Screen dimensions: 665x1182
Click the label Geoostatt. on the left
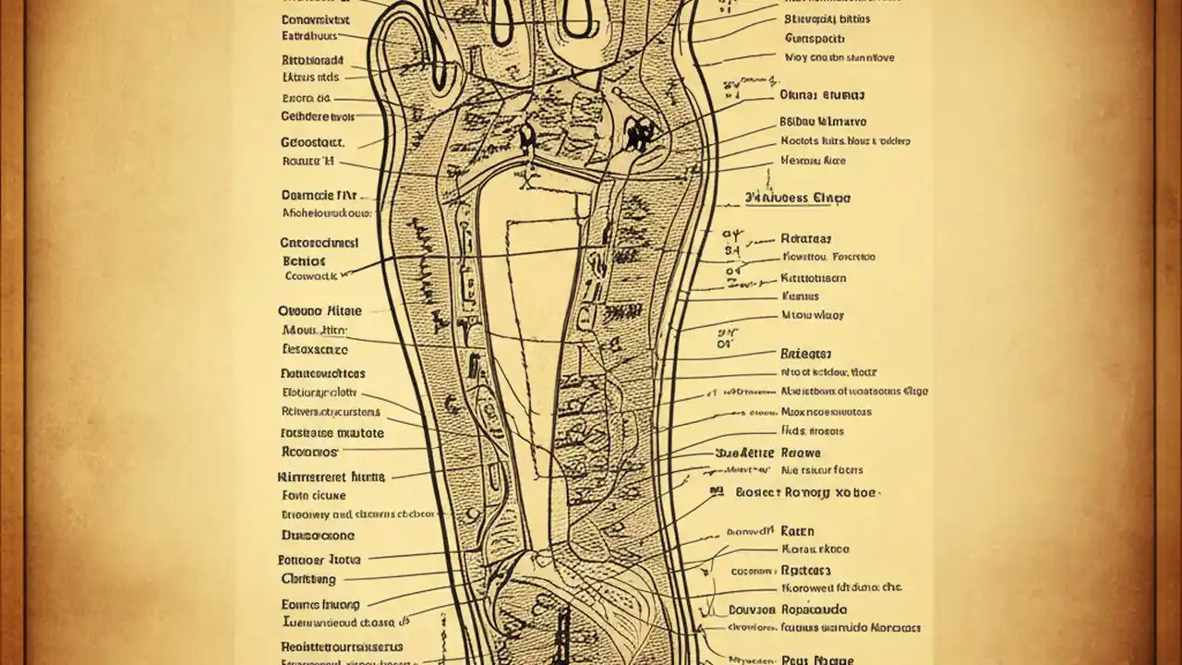click(312, 143)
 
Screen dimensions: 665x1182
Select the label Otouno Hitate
click(320, 311)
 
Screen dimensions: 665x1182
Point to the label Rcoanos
click(309, 453)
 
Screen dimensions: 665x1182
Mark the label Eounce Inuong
click(320, 604)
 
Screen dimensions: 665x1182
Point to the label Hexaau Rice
click(814, 161)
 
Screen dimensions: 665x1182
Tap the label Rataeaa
click(806, 237)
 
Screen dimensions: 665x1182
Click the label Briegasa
click(806, 353)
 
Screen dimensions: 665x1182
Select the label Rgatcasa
click(806, 571)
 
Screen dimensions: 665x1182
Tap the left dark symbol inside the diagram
click(525, 138)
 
